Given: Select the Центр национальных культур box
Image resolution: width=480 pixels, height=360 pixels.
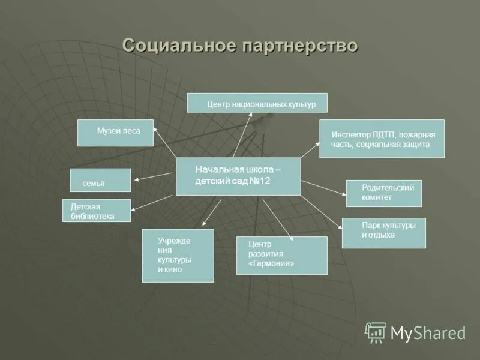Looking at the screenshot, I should pos(257,103).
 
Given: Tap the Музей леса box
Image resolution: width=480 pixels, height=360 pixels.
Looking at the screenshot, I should pos(116,133).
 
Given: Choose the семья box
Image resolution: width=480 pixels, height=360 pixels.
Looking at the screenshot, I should pos(100,181).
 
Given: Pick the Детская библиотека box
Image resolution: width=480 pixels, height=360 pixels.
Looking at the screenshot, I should pos(97,211).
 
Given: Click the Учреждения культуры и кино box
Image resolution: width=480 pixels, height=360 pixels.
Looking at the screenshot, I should pos(178,256).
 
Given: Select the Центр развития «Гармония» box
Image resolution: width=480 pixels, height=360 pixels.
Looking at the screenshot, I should pos(281,256).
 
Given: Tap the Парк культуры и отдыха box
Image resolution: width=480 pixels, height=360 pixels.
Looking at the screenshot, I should pos(383,233).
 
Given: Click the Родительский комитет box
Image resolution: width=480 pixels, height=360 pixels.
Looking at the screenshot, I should pos(383,193).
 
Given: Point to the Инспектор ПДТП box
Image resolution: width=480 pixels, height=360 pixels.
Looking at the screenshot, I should pos(382,139).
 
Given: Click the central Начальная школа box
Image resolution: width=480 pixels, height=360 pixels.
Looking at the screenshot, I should pos(238,176).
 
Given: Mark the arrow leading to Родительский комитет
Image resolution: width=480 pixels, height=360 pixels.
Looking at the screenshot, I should pos(323,187).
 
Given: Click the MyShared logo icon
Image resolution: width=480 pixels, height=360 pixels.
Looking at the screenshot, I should pos(376,332).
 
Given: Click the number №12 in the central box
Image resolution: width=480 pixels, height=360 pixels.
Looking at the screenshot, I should pos(260,181).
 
